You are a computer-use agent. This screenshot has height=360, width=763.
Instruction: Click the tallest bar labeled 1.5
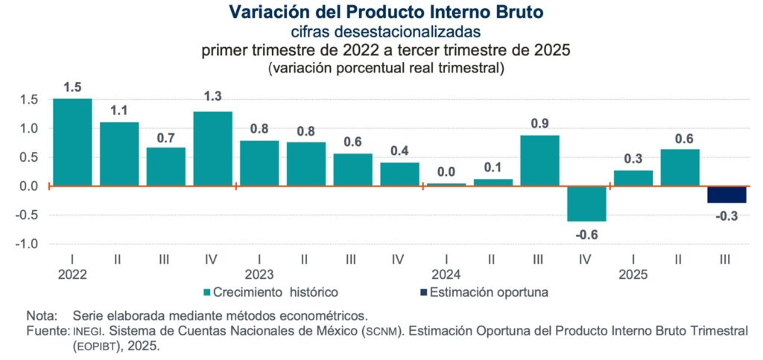72,142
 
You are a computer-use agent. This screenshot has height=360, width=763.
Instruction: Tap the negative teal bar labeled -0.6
586,203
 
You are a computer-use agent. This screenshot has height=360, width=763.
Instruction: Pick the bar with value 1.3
212,148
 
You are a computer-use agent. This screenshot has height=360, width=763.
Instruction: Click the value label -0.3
726,216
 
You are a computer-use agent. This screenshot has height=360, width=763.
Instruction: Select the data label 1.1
119,110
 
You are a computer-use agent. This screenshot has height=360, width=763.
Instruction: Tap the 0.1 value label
493,167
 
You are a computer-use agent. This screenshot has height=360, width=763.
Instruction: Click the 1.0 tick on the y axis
28,128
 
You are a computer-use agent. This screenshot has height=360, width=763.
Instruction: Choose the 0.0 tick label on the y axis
28,186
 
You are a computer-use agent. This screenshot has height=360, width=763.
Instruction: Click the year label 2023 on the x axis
259,274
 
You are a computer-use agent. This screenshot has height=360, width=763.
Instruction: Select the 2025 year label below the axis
633,274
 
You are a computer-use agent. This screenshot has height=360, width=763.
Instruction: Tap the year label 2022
72,274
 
